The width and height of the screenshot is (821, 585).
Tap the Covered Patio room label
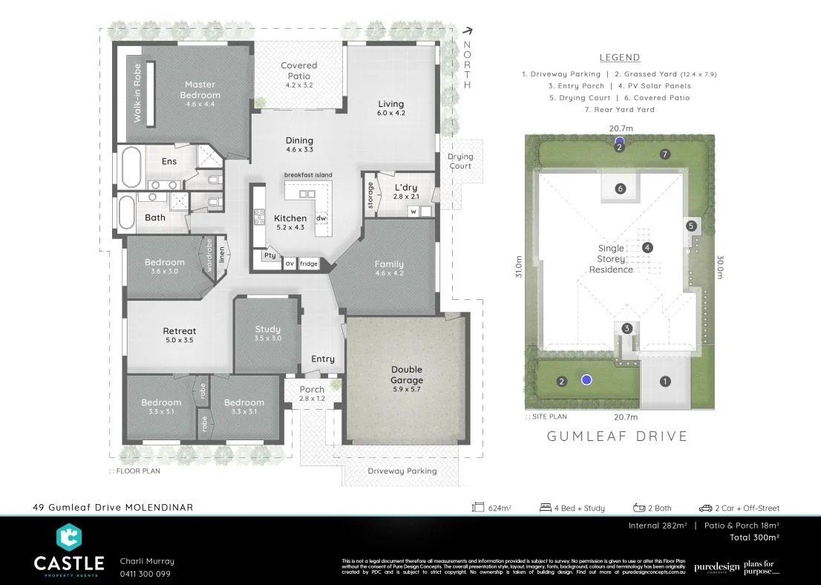(299, 71)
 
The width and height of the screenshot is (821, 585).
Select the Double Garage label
(406, 375)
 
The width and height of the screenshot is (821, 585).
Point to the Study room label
(267, 329)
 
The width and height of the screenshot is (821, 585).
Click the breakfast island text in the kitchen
(308, 175)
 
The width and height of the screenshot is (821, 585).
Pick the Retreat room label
(180, 331)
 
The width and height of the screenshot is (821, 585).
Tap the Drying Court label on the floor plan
(460, 161)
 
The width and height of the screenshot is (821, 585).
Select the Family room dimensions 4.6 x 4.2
(389, 274)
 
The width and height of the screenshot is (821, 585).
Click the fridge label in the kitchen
(309, 264)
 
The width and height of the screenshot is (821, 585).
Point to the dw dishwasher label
(321, 218)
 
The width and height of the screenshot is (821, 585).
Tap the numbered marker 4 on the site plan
(647, 247)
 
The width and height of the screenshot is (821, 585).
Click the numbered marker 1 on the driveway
(665, 382)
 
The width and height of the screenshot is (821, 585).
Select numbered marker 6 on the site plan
(621, 189)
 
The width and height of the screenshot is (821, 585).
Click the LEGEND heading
(619, 58)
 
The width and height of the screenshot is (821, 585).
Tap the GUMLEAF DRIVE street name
(617, 437)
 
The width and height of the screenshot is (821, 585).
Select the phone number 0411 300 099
(145, 574)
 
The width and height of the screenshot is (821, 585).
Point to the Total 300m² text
(753, 537)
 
